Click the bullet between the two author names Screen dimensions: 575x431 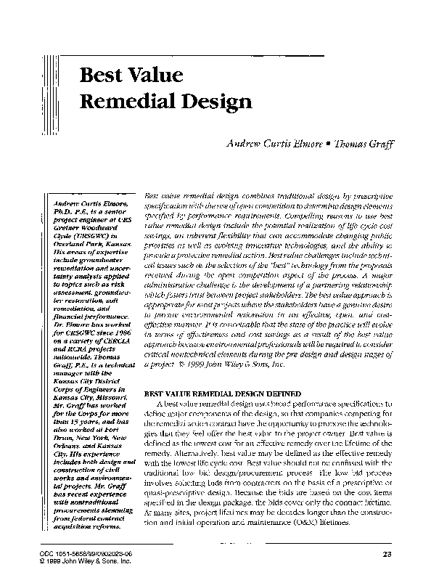(x=329, y=146)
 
